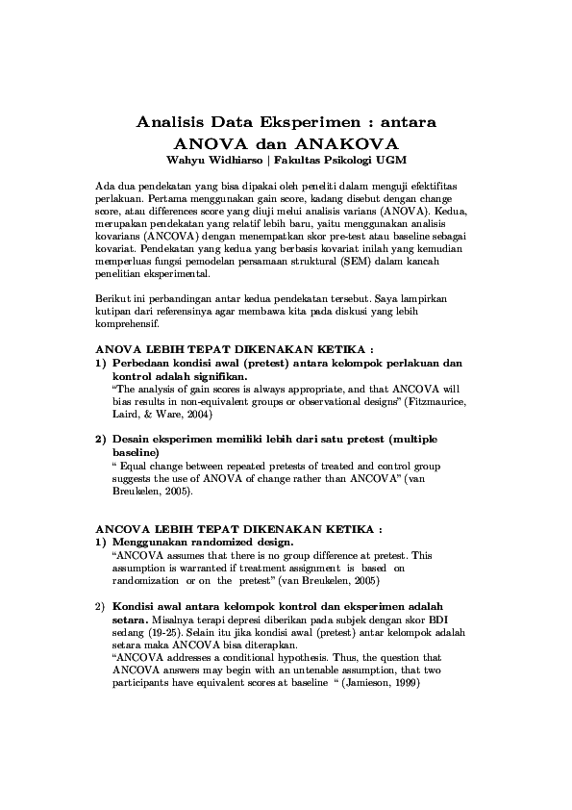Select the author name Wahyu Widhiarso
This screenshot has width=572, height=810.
201,159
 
